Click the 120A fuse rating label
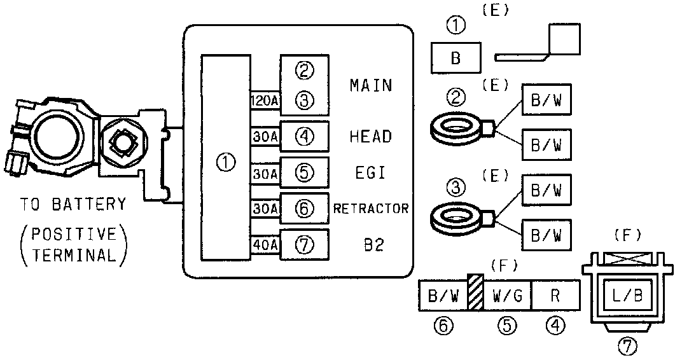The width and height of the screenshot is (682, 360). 264,100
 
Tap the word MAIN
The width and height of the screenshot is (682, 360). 371,85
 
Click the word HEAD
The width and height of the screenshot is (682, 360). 371,136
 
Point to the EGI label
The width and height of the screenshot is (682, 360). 371,172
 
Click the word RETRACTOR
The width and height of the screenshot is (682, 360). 371,209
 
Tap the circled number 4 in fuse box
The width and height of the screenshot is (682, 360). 305,136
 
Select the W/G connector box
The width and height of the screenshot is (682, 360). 507,296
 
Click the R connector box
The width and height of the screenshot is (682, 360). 555,296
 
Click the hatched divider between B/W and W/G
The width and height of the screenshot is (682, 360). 475,292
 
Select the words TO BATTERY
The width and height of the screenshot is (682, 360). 72,205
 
